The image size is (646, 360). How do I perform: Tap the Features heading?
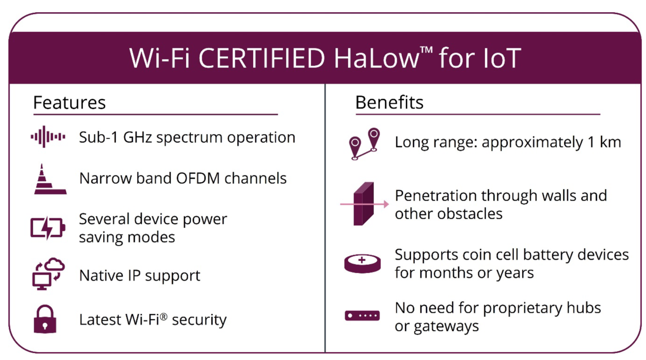tap(69, 102)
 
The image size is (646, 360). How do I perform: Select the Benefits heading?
tap(389, 102)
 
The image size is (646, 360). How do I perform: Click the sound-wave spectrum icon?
tap(48, 136)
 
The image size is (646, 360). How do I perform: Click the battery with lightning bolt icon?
tap(48, 228)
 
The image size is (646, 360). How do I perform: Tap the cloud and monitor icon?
tap(48, 274)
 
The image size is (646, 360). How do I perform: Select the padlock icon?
tap(45, 319)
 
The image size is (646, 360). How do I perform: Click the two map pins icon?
tap(365, 144)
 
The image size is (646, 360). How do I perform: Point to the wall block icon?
tap(364, 204)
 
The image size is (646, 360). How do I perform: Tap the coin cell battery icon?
tap(363, 264)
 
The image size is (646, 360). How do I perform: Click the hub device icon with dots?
tap(362, 315)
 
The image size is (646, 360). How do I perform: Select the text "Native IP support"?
tap(140, 276)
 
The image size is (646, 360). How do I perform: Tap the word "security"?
tap(199, 320)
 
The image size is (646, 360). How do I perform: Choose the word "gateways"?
tap(446, 326)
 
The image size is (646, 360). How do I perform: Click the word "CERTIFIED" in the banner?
tap(261, 58)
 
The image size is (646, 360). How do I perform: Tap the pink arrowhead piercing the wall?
tap(386, 204)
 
